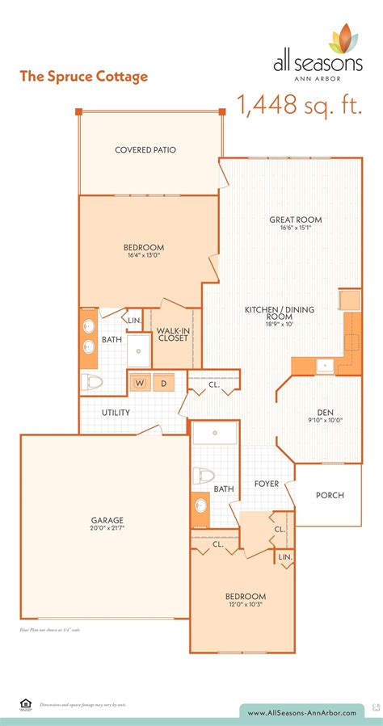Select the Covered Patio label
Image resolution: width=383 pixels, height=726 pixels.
[145, 149]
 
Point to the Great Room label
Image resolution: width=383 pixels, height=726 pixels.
[296, 219]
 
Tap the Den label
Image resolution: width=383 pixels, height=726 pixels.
[326, 410]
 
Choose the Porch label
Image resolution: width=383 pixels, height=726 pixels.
[330, 495]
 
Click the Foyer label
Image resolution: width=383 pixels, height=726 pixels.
[266, 484]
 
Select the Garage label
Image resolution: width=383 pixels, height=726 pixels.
[107, 519]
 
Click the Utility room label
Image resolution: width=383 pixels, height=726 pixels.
[116, 412]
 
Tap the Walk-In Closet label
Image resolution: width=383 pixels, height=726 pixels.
[172, 334]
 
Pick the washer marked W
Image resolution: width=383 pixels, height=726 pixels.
[140, 383]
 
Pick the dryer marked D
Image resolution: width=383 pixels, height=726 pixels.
[164, 383]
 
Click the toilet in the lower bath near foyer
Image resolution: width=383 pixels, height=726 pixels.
[204, 476]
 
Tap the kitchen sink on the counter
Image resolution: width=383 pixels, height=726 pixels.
[325, 365]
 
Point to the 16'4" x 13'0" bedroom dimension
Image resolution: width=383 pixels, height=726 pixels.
[144, 256]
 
